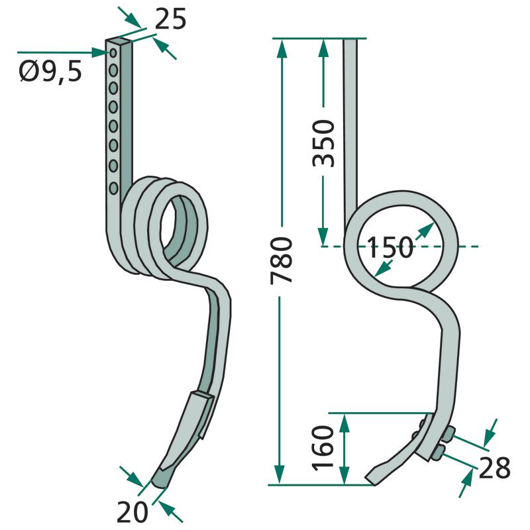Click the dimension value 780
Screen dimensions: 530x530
[x=281, y=260]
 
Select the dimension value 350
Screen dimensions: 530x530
[x=323, y=143]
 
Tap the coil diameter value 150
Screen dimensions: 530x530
[x=390, y=247]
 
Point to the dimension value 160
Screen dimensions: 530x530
[x=323, y=449]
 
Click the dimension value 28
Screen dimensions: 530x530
[x=494, y=468]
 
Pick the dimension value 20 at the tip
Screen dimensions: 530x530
[x=132, y=512]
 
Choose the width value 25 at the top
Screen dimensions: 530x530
[x=170, y=19]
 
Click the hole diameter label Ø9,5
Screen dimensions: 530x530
[x=50, y=72]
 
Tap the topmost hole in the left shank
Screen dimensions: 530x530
[x=113, y=52]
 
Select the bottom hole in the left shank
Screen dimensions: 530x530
[x=113, y=188]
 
